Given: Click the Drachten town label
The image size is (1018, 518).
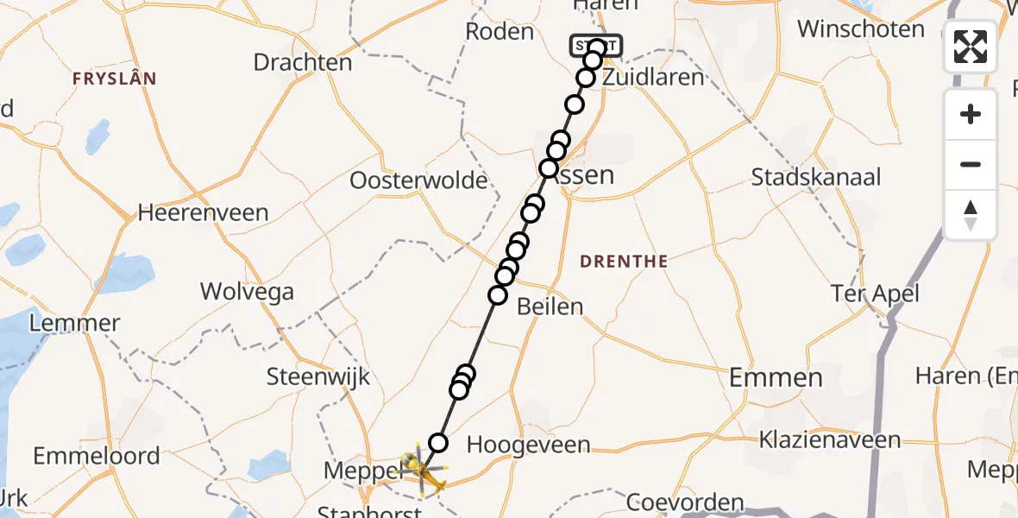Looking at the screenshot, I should (302, 62).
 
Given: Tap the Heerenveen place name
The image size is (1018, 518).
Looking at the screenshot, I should (203, 212).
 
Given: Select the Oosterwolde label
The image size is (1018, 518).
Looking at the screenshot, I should (418, 181).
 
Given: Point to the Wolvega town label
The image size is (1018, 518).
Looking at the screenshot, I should (247, 291).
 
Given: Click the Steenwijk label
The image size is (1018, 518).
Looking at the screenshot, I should (318, 376).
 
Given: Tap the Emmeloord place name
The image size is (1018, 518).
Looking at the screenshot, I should (97, 456).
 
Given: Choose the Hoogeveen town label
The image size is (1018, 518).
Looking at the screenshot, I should (528, 445).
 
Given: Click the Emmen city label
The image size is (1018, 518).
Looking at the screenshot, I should (776, 377).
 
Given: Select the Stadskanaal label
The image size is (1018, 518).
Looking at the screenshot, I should (816, 178).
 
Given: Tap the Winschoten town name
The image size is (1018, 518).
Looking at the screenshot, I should (860, 29).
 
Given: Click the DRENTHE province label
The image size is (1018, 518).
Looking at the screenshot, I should (624, 261).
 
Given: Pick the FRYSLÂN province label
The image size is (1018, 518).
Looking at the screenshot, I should (115, 79).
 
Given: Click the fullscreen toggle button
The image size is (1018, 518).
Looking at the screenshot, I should (971, 47).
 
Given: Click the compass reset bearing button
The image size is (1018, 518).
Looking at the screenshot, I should (971, 215).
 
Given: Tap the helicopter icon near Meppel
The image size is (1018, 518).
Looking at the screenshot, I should (421, 468).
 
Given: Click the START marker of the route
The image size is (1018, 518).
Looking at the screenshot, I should (595, 45).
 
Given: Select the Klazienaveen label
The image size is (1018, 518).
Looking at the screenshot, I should (829, 440).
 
